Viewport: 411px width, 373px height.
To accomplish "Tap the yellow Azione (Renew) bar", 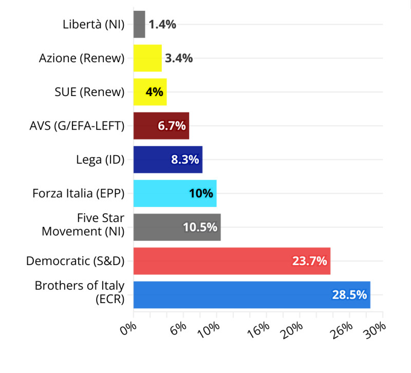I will pos(147,58).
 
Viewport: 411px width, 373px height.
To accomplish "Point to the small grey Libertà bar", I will pos(139,24).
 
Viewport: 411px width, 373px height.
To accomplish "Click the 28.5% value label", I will pos(349,295).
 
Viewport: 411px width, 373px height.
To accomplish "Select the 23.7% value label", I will pos(310,261).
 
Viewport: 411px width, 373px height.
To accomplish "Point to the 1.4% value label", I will pos(163,24).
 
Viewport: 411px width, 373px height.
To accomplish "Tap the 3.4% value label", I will pos(179,58).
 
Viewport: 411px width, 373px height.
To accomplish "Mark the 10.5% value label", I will pos(200,227).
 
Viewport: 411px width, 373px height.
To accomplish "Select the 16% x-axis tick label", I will pos(260,329).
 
